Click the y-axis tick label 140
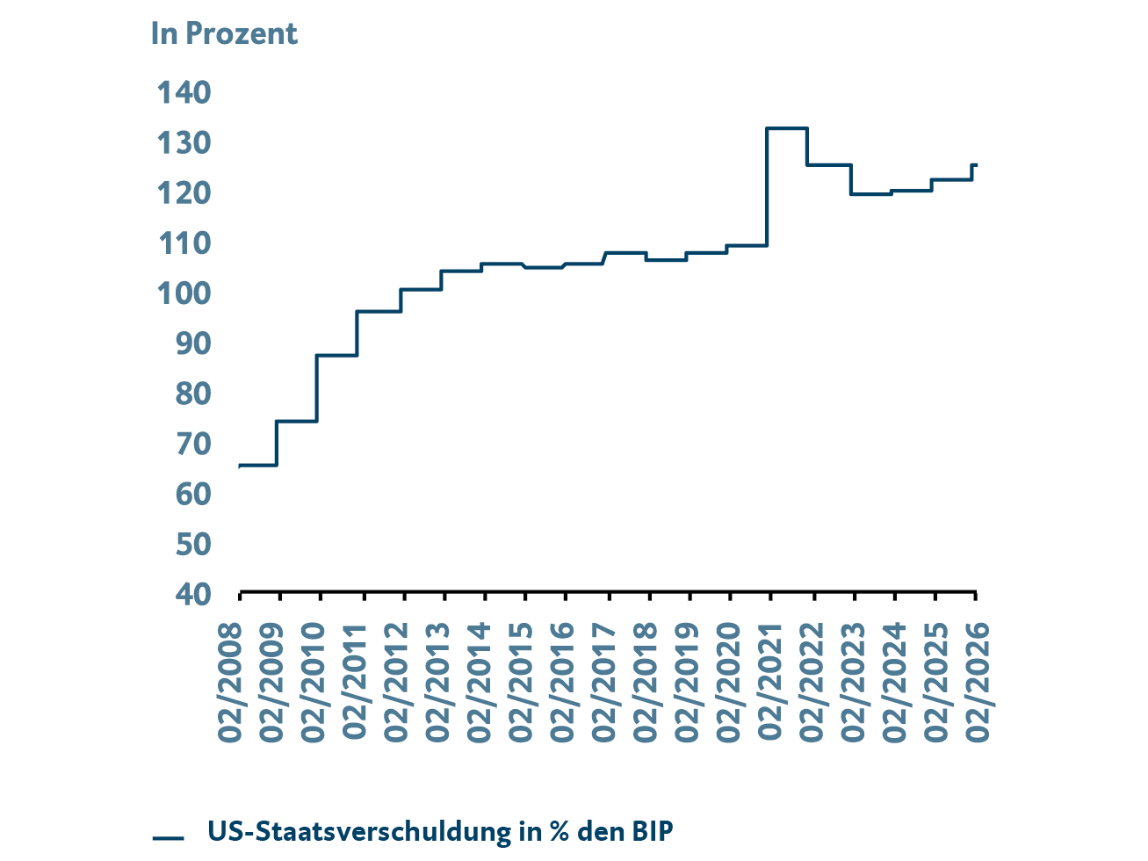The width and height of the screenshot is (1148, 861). point(184,92)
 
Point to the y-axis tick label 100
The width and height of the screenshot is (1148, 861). point(184,293)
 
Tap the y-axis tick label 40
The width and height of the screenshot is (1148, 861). point(192,594)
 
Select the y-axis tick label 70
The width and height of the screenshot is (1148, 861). point(192,444)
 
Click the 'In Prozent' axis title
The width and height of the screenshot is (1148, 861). point(224,34)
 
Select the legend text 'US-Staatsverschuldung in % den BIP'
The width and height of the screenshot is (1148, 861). point(441,831)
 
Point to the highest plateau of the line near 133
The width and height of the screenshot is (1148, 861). point(787,128)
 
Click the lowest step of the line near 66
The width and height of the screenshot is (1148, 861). point(258,465)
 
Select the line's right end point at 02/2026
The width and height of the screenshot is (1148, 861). point(976,164)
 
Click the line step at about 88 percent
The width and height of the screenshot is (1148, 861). point(336,355)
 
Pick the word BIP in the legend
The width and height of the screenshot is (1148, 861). point(653,831)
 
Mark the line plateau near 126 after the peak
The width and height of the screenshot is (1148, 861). point(829,164)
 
